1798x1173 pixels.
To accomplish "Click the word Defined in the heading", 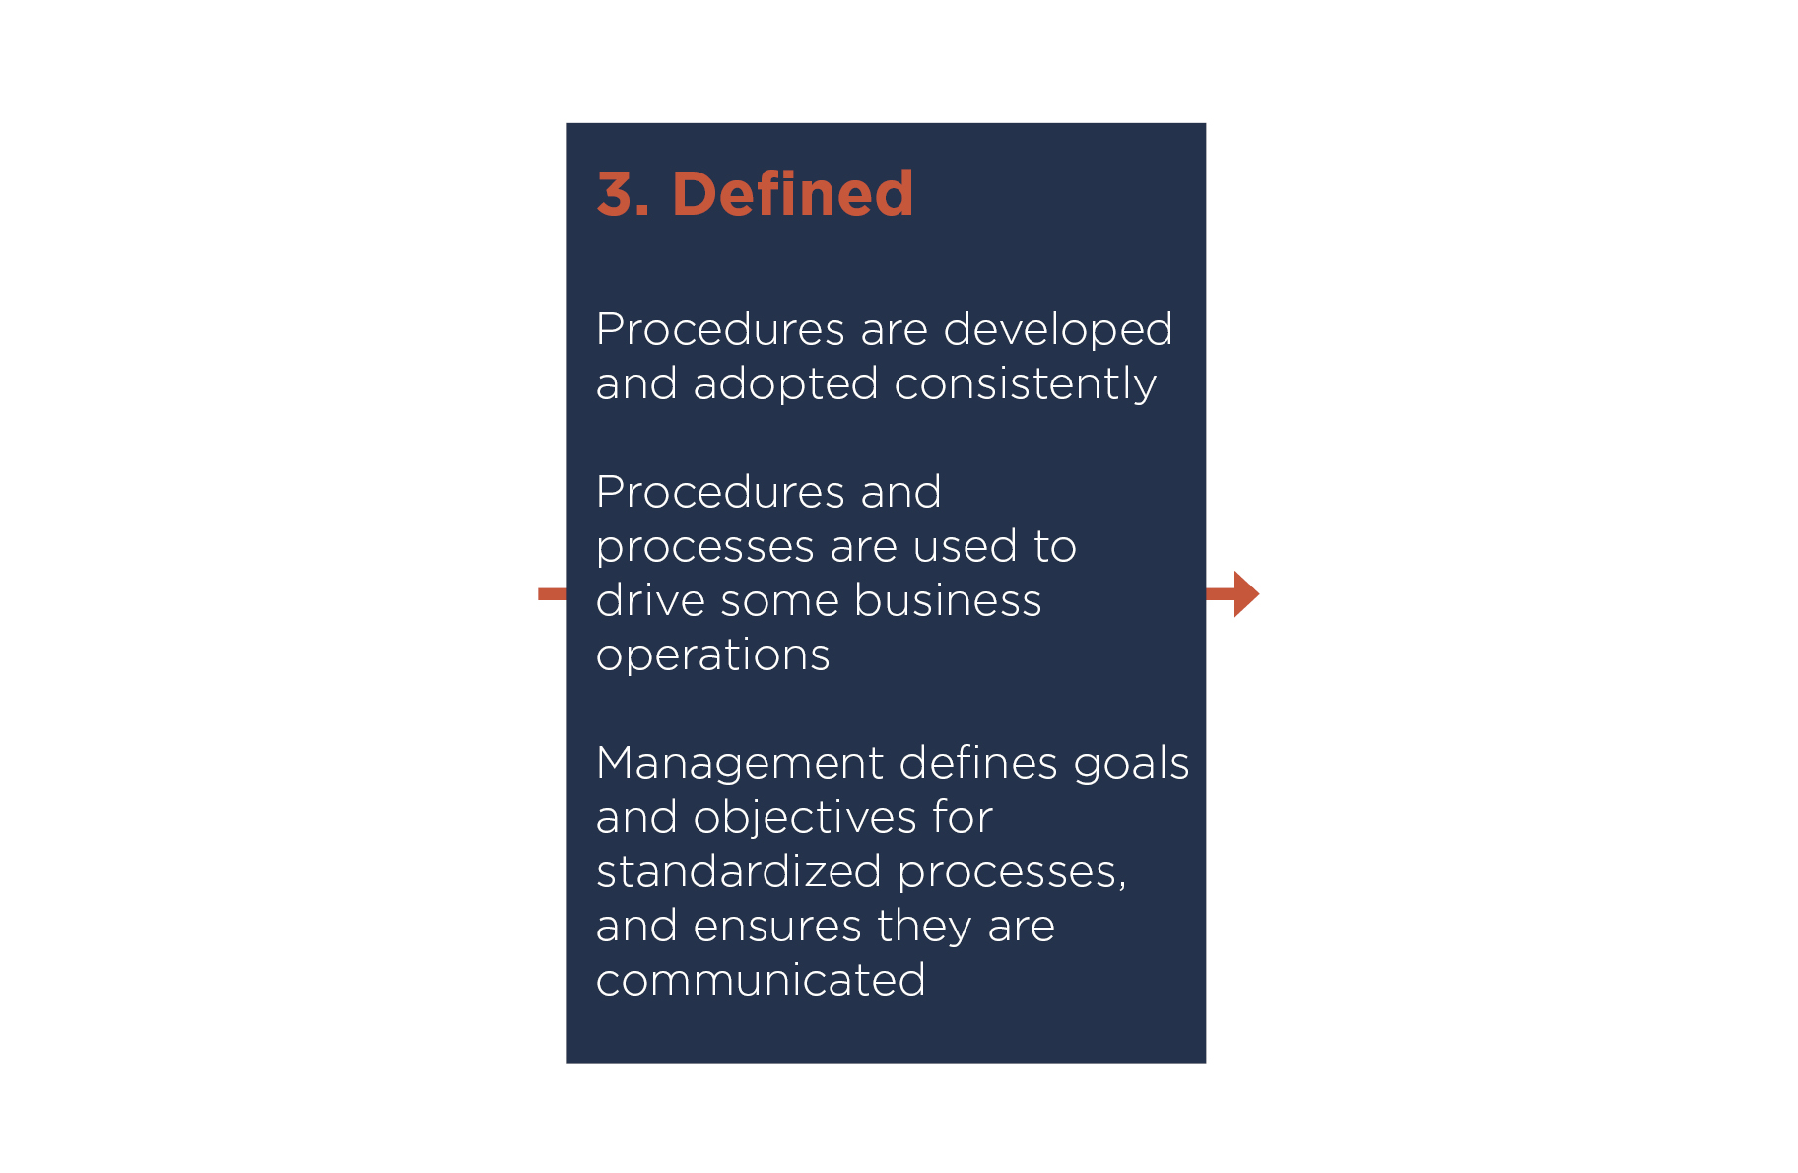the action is click(793, 192).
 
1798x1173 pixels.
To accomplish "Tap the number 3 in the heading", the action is click(616, 193).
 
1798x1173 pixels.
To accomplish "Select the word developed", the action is click(1058, 330).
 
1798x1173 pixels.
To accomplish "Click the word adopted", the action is click(785, 384).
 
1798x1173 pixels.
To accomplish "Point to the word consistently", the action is click(1026, 384).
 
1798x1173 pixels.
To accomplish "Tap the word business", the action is click(948, 600).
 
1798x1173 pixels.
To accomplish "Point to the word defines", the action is click(978, 763).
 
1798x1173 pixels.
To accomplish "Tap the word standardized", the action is click(739, 871).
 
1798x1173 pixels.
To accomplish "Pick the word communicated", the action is click(761, 981).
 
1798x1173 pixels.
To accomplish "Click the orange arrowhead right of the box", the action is click(1246, 593).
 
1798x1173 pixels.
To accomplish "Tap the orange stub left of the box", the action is click(552, 593).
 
